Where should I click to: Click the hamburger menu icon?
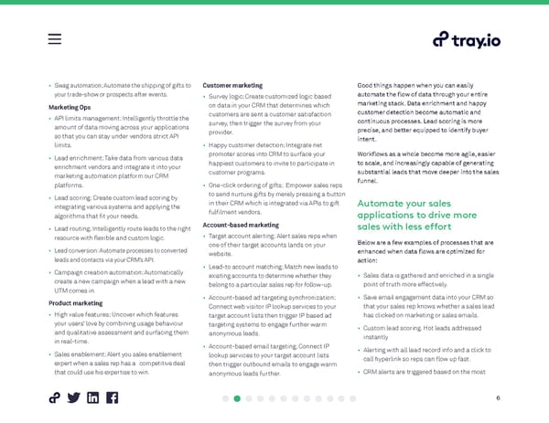(54, 39)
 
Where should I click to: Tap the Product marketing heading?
(75, 302)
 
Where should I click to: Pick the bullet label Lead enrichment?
(80, 158)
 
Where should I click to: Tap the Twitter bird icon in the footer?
(72, 398)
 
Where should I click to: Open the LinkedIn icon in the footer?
(92, 398)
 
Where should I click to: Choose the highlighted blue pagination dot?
(237, 398)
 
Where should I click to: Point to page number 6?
(498, 398)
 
